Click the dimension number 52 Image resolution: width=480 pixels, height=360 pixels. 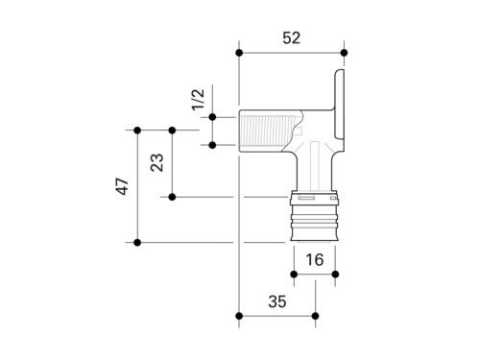(x=292, y=38)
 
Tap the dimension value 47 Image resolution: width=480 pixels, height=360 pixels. (x=122, y=186)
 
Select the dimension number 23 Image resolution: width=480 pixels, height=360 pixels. (x=156, y=163)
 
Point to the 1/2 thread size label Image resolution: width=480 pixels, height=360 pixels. (x=198, y=100)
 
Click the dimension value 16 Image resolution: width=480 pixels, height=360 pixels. (x=315, y=260)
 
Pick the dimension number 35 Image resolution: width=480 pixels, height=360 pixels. (x=277, y=301)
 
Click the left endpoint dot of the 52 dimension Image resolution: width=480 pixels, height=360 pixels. (x=239, y=53)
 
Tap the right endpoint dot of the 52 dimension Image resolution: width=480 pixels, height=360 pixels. (x=344, y=53)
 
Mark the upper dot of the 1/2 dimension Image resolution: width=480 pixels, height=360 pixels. (x=212, y=117)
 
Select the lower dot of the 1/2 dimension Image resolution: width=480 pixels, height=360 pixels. (x=212, y=145)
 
